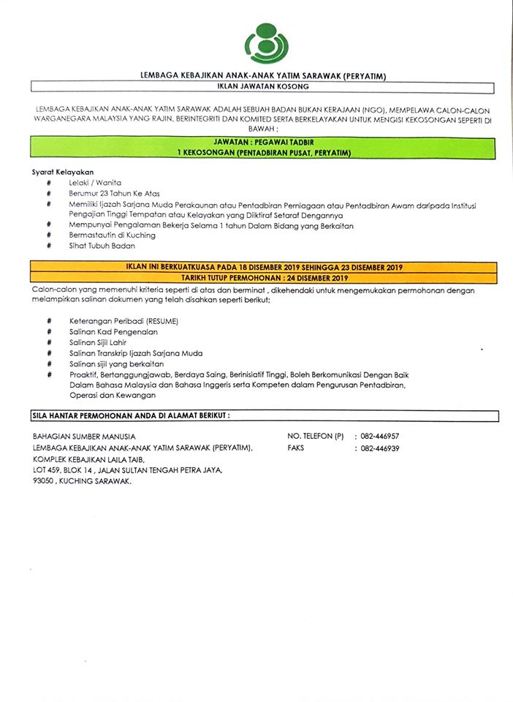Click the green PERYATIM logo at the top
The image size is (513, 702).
click(x=266, y=42)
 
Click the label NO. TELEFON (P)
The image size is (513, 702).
click(x=316, y=437)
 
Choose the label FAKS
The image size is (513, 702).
click(x=296, y=448)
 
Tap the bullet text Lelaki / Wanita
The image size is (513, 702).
click(x=95, y=182)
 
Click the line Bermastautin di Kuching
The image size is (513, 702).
click(x=113, y=235)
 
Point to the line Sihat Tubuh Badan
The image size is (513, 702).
click(x=103, y=246)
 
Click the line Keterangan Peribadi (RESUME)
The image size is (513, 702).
click(x=123, y=322)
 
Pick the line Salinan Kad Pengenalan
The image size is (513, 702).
click(x=114, y=332)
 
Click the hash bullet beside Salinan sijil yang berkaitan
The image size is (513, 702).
click(x=49, y=363)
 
